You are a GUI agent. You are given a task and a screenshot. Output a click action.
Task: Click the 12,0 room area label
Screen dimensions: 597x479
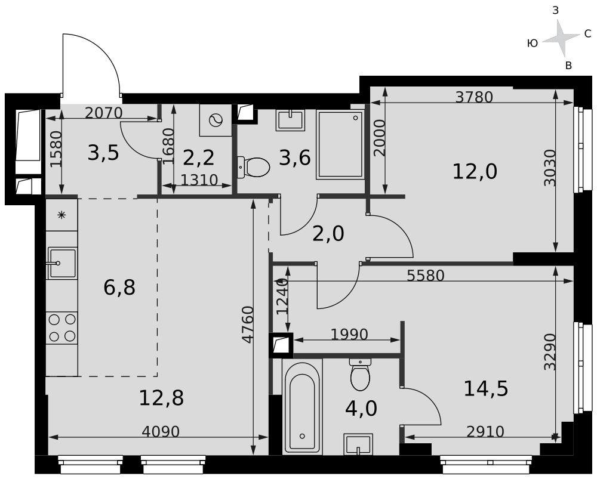coord(475,172)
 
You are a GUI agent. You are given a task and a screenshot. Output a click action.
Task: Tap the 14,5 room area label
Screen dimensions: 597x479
coord(486,389)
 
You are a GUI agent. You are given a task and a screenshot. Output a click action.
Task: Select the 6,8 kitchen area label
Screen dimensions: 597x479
coord(119,288)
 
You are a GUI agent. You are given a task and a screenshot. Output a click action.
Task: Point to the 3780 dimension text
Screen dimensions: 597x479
coord(475,97)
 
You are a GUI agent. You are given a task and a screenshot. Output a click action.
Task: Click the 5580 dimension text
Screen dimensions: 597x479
coord(426,276)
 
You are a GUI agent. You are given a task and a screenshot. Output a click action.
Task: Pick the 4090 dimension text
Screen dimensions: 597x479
coord(160,432)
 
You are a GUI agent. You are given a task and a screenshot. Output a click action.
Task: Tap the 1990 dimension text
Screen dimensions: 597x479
coord(349,335)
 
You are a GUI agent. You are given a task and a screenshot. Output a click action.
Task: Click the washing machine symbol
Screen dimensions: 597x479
coord(216,120)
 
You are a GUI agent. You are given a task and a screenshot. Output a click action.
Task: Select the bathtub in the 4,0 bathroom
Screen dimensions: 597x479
coord(302,407)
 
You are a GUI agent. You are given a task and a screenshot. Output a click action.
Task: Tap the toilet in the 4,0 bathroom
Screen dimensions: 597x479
coord(360,375)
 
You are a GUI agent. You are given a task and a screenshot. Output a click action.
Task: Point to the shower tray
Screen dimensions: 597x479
coord(340,144)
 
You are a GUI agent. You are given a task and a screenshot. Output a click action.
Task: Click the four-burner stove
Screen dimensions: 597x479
coord(62,327)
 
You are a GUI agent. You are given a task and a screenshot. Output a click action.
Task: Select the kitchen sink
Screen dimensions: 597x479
coord(61,263)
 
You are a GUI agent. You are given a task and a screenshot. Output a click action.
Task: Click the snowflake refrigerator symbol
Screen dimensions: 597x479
coord(61,215)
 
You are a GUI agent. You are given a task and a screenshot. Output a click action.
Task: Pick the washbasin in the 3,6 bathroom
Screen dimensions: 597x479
coord(291,120)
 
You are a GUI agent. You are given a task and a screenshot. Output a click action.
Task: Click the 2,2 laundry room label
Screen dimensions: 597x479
coord(198,157)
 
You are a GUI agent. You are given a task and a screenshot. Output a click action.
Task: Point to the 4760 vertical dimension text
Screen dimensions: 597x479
coord(248,324)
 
